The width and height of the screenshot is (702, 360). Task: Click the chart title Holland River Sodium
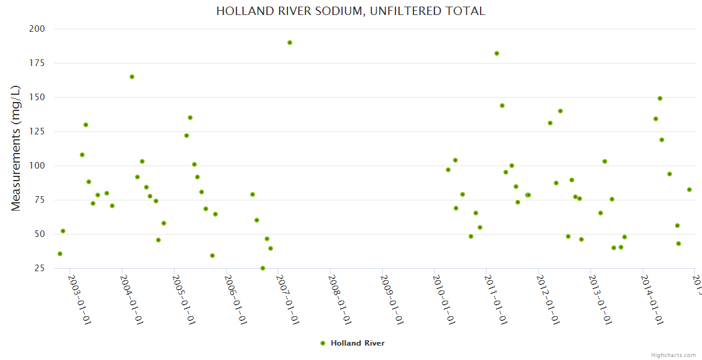[x=350, y=11]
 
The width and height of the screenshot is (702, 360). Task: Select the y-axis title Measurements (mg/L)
[x=16, y=148]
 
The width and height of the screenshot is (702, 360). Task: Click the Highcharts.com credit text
[x=673, y=355]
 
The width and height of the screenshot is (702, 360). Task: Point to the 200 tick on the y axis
[x=37, y=29]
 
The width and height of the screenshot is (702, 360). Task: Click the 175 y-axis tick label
[x=37, y=63]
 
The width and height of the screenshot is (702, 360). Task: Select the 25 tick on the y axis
[x=40, y=268]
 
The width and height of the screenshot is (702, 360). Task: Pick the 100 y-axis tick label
[x=37, y=166]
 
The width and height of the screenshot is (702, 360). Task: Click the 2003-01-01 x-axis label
[x=79, y=299]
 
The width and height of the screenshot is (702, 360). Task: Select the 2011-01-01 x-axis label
[x=496, y=299]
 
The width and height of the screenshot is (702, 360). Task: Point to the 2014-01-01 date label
[x=652, y=299]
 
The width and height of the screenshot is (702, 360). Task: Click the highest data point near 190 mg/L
[x=290, y=43]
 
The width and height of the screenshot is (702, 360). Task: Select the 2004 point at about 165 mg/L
[x=132, y=77]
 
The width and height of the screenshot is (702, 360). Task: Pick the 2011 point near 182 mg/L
[x=497, y=53]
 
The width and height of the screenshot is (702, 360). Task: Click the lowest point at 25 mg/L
[x=263, y=268]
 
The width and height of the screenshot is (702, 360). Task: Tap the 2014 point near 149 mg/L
[x=660, y=98]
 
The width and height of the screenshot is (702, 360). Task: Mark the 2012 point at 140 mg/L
[x=560, y=111]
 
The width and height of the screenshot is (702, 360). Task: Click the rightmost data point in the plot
[x=689, y=190]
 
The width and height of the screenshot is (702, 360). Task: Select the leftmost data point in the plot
[x=60, y=254]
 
